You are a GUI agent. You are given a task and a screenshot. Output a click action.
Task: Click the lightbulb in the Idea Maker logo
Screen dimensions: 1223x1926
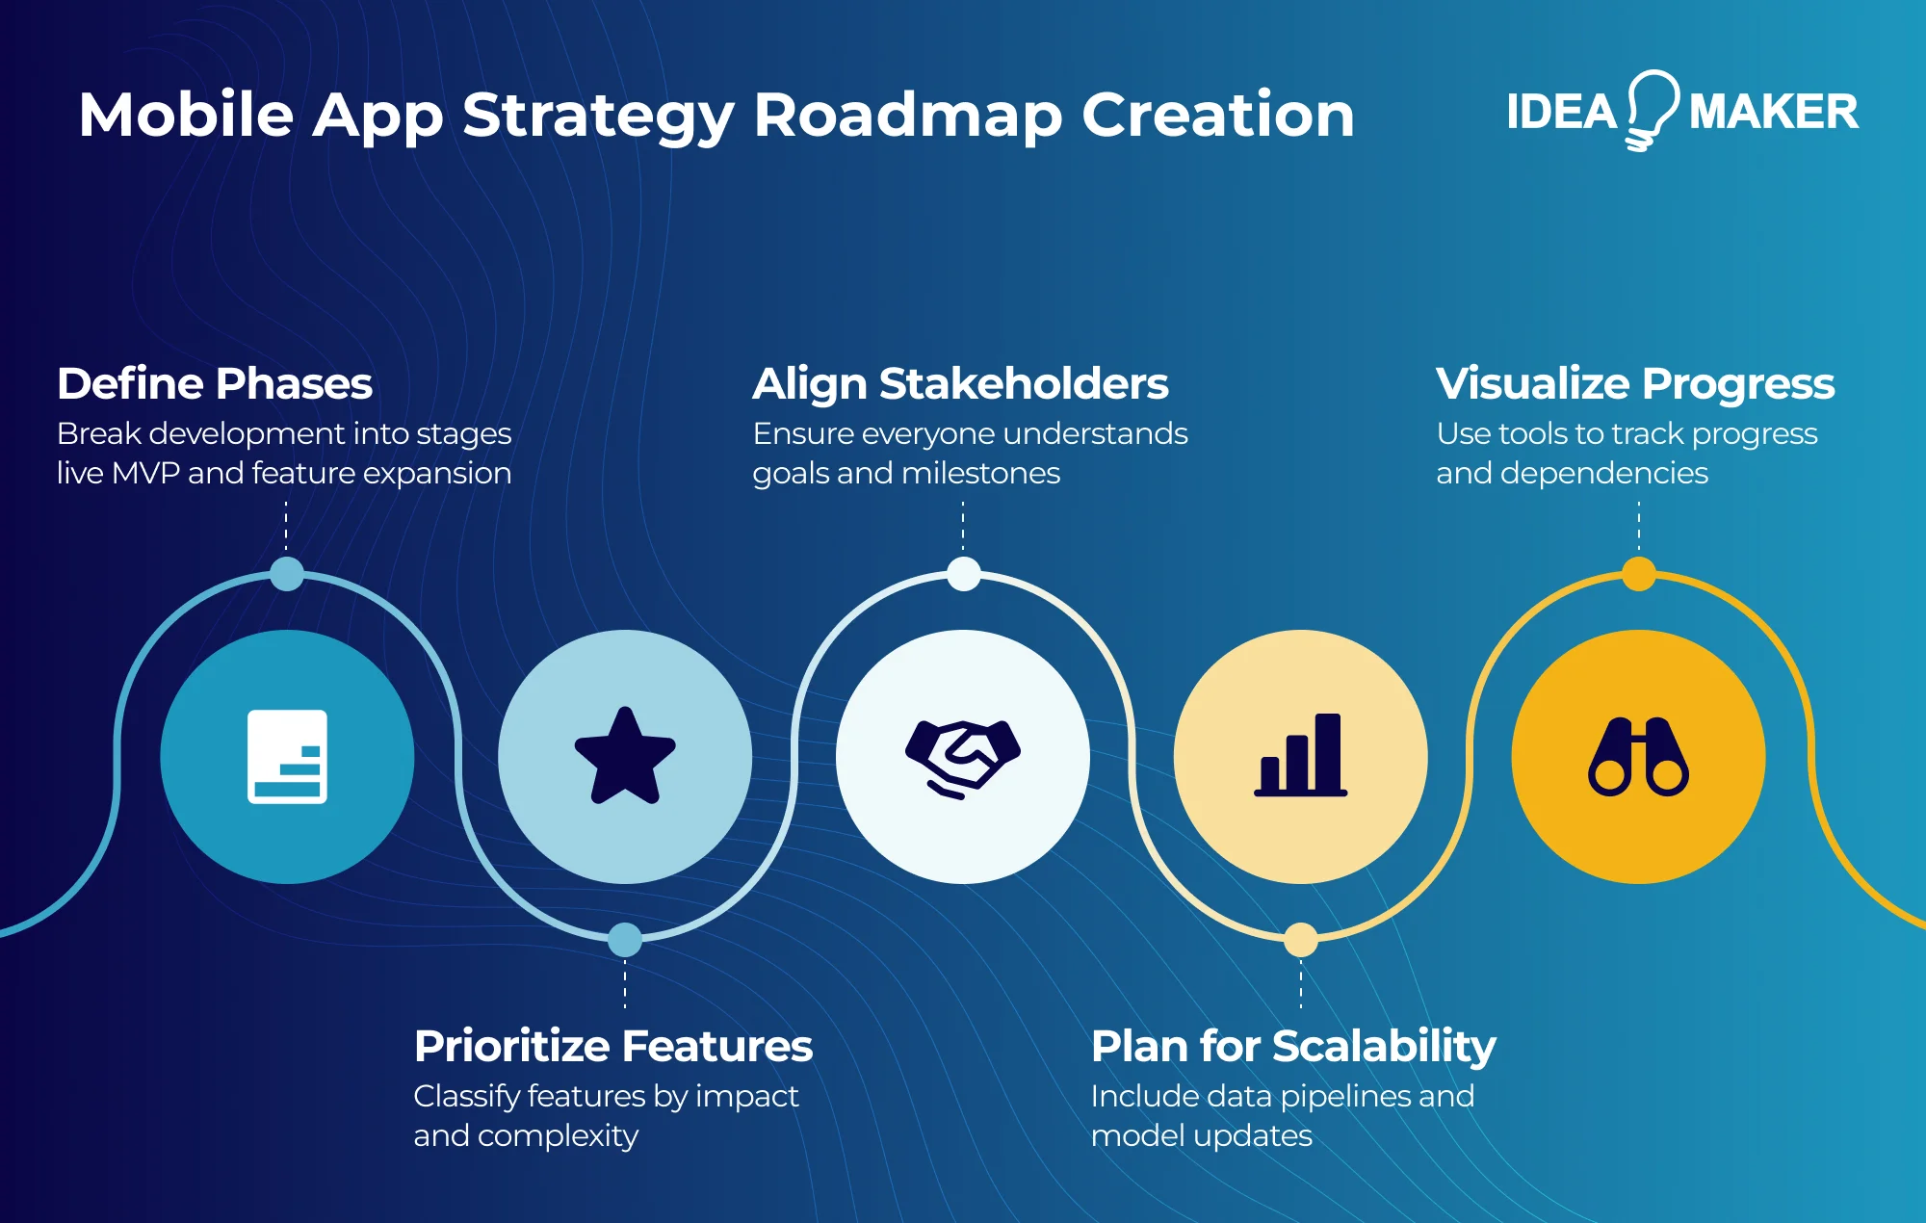click(x=1653, y=108)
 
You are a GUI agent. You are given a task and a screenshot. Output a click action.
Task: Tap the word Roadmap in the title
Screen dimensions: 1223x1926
click(x=907, y=116)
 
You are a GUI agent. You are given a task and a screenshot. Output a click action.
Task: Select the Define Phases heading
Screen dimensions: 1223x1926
click(x=214, y=383)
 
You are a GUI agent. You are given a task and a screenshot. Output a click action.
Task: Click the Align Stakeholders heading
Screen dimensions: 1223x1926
click(x=960, y=383)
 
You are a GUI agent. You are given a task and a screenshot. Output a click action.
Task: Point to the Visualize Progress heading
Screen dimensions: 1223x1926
click(x=1635, y=383)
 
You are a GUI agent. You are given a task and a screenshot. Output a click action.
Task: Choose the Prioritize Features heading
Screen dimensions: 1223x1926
click(x=613, y=1046)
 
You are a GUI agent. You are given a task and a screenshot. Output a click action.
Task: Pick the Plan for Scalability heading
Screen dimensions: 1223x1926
click(x=1293, y=1046)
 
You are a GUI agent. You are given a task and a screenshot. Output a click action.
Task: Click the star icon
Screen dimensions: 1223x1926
click(x=625, y=757)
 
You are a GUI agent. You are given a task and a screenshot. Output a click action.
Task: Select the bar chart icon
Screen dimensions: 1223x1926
click(x=1301, y=756)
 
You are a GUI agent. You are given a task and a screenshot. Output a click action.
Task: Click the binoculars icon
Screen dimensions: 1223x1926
click(x=1638, y=757)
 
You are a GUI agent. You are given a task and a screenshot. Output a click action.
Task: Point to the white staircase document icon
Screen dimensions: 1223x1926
click(x=287, y=757)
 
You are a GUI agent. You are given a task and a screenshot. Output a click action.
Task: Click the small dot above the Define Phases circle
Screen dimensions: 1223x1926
click(x=287, y=574)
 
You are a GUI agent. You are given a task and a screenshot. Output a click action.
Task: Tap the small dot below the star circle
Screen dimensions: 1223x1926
click(x=625, y=940)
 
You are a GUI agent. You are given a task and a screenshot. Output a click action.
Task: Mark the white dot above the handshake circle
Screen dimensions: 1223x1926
click(x=963, y=574)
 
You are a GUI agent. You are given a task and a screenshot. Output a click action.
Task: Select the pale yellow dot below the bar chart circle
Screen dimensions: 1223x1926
click(x=1301, y=940)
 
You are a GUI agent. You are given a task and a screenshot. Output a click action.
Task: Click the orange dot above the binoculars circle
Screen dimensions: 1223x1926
click(x=1639, y=574)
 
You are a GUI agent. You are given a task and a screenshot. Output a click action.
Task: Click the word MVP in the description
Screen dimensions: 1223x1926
click(x=145, y=473)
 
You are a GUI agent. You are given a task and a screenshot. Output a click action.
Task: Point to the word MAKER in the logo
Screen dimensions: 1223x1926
click(x=1773, y=112)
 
